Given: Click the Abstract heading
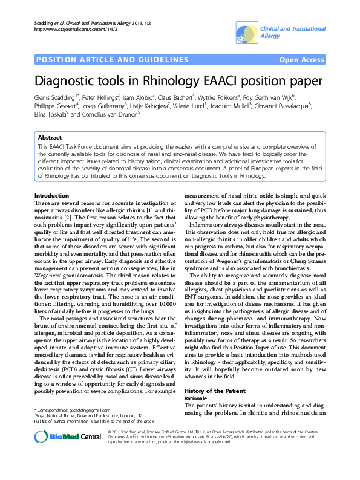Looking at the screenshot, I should (x=50, y=138).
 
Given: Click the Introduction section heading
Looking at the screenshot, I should (x=51, y=195).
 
